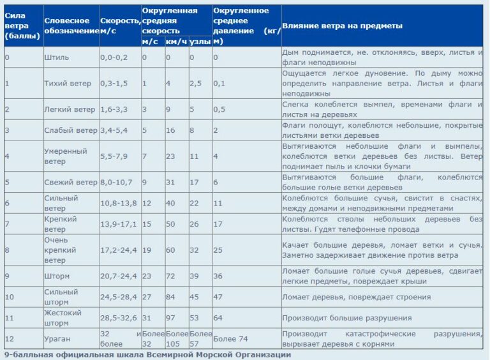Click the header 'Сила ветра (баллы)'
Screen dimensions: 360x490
point(22,26)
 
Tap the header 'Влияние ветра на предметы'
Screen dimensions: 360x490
point(343,26)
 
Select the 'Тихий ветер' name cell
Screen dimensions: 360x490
point(68,84)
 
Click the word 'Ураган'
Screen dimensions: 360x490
point(58,339)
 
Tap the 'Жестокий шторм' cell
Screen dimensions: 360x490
point(64,317)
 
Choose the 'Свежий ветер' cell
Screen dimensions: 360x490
point(71,183)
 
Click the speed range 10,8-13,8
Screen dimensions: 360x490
point(119,203)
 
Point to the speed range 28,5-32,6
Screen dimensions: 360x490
point(119,317)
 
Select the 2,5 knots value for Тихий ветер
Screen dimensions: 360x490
point(196,84)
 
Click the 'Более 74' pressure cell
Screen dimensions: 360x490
point(230,339)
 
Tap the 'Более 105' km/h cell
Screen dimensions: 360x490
point(176,339)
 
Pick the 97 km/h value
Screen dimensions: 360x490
point(170,317)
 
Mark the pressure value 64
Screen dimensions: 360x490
point(218,317)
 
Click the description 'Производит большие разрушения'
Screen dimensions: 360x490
point(347,317)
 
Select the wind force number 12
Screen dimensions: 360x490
point(9,339)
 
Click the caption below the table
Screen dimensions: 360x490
point(144,354)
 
